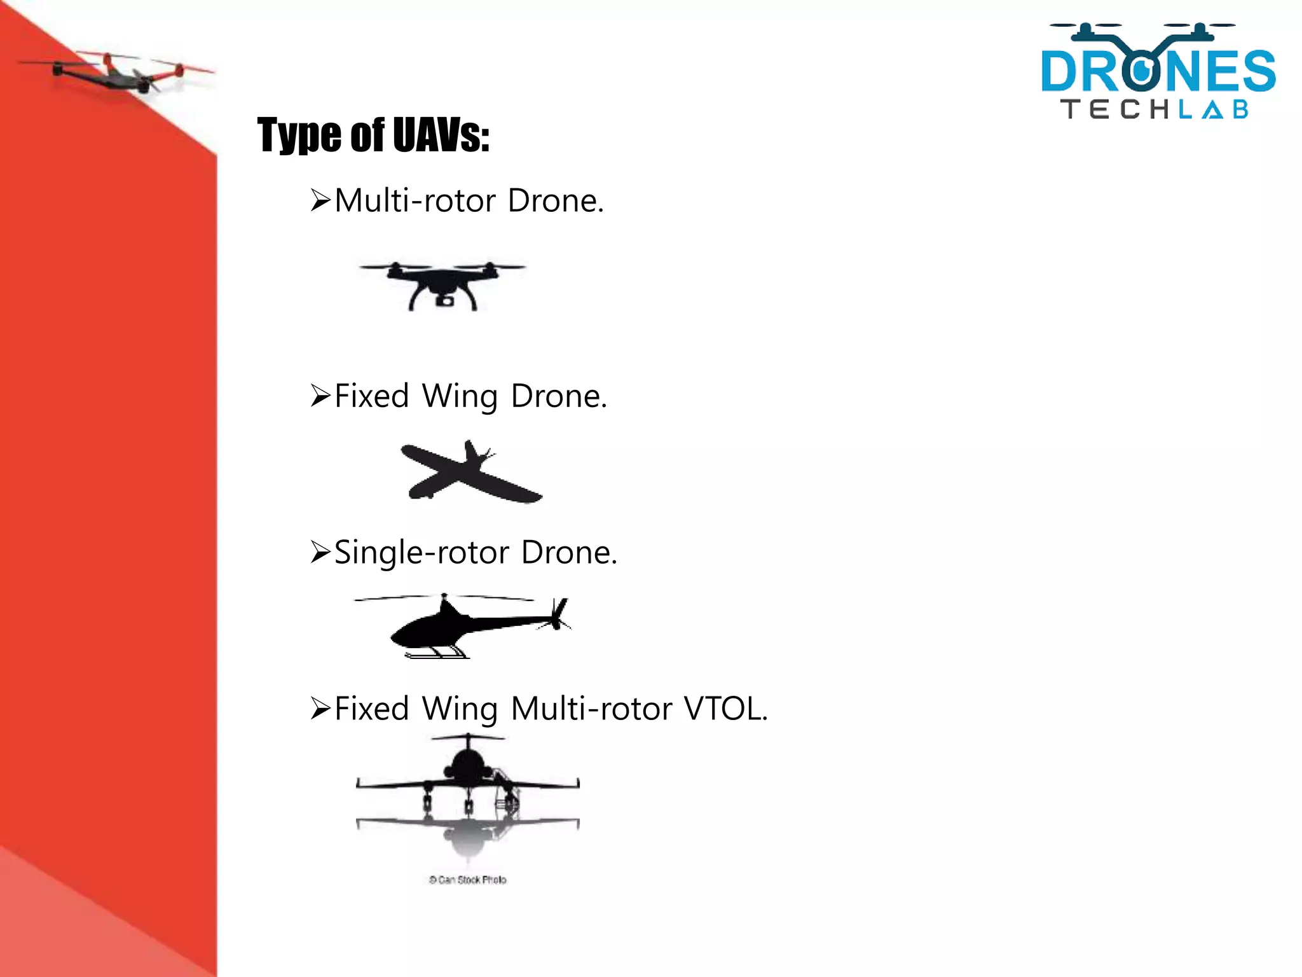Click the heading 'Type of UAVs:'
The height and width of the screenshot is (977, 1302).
(x=373, y=135)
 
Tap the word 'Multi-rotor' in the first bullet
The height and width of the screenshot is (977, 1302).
(x=415, y=201)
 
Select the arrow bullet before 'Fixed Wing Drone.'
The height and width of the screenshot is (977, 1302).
(x=320, y=396)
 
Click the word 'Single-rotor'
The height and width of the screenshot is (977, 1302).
(x=421, y=552)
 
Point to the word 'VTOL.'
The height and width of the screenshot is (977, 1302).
(x=725, y=709)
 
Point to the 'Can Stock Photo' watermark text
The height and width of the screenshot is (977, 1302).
(x=468, y=880)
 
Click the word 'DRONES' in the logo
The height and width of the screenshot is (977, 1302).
(x=1158, y=71)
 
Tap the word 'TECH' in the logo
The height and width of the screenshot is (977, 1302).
(x=1116, y=109)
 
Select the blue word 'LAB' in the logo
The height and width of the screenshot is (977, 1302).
(x=1214, y=109)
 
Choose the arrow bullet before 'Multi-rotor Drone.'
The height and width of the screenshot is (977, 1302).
(x=320, y=201)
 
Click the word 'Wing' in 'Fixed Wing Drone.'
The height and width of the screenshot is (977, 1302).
(x=460, y=397)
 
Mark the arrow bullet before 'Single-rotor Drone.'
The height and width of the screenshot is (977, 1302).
(x=320, y=552)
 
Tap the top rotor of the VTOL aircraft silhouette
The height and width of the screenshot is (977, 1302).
(x=468, y=738)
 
